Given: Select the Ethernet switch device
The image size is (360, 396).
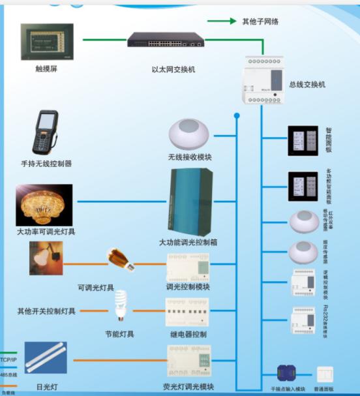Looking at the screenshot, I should (166, 40).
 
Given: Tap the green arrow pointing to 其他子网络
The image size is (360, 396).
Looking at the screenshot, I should (222, 21).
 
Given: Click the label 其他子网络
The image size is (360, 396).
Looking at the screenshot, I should (260, 22).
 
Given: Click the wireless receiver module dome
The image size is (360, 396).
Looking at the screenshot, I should (189, 135).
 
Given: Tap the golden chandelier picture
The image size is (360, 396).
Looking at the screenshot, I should (44, 204).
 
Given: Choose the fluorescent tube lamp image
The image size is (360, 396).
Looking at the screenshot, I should (46, 358).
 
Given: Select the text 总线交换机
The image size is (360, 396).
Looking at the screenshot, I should (307, 85).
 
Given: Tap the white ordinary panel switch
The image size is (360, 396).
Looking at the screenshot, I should (323, 374).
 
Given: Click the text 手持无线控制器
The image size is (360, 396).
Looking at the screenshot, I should (46, 164).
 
